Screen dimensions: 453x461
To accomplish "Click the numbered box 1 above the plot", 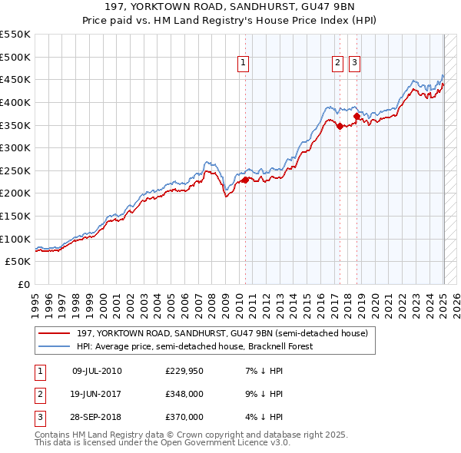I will click(243, 64).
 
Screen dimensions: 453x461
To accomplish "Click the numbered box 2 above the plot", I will click(337, 64).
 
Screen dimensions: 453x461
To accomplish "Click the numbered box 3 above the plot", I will click(354, 64).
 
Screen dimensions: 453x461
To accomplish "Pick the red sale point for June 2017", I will click(340, 127).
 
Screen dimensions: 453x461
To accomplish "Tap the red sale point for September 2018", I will click(357, 117).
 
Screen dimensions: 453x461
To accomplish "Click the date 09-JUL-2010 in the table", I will click(97, 371).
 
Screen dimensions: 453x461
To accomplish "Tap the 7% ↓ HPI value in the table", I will click(262, 371).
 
